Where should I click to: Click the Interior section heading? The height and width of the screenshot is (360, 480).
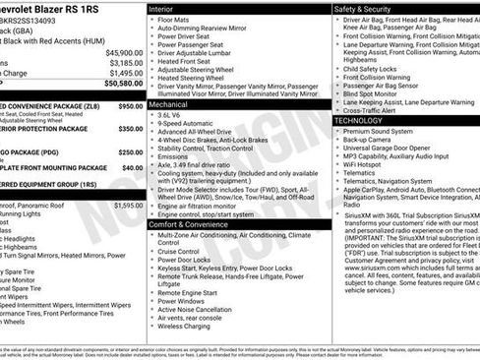(161, 8)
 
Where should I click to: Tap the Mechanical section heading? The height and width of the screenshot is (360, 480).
(168, 102)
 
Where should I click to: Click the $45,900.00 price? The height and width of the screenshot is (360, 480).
(124, 52)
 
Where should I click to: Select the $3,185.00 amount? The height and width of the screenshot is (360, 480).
(126, 62)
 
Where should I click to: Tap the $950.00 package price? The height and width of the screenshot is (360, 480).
(130, 105)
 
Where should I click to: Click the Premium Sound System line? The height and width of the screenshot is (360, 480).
(379, 130)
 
